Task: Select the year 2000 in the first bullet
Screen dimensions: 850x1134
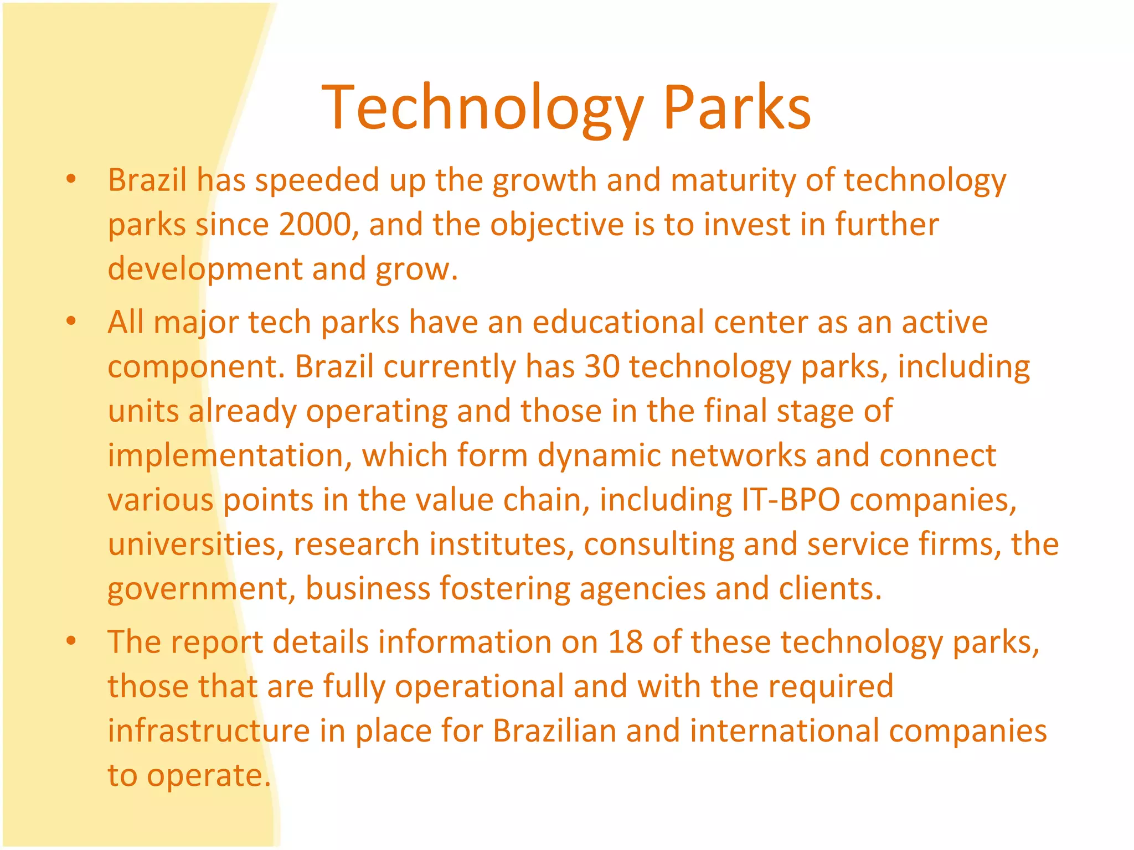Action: point(315,225)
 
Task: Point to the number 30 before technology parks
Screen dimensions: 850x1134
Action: point(602,366)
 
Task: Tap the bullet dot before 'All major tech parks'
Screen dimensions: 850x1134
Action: point(70,322)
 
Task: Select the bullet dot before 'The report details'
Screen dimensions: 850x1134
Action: point(70,641)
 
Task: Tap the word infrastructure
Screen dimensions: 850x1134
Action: point(208,730)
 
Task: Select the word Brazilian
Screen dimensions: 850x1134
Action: point(554,730)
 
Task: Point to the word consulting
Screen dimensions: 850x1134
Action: point(658,545)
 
